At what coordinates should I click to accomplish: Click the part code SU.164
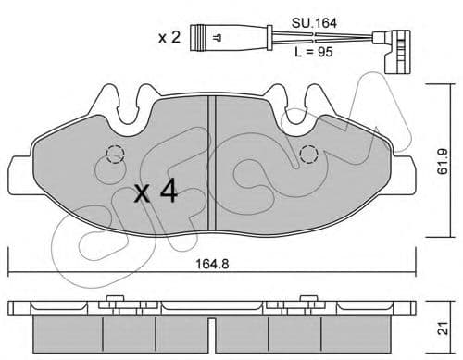click(x=314, y=23)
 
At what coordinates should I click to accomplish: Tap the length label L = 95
click(x=314, y=52)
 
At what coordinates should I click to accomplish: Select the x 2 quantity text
click(x=169, y=38)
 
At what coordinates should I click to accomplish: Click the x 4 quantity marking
click(x=156, y=192)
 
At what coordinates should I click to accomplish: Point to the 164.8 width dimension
click(x=213, y=264)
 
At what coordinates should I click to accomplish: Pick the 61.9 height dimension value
click(x=444, y=161)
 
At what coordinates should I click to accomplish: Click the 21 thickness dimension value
click(x=444, y=329)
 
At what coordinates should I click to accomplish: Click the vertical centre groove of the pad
click(x=212, y=163)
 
